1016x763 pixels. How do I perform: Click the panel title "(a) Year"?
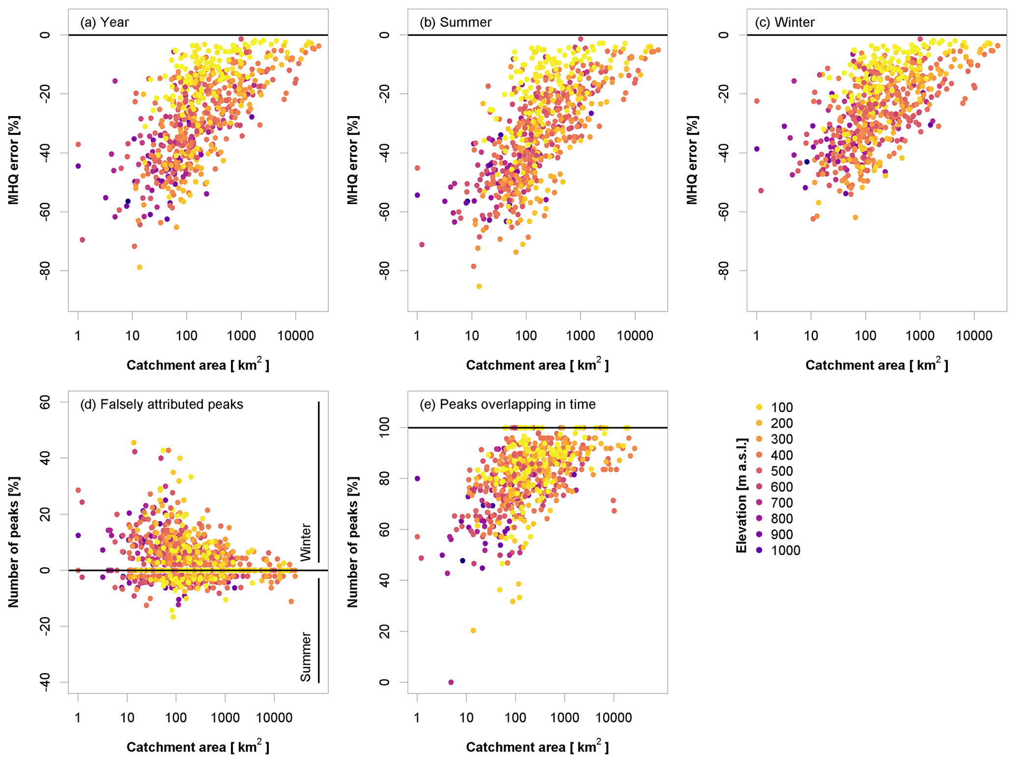(104, 22)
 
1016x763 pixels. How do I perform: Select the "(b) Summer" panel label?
(455, 22)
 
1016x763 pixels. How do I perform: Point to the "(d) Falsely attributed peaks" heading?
(161, 404)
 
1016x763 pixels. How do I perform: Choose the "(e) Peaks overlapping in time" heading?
(507, 404)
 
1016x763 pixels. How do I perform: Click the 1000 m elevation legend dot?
(759, 551)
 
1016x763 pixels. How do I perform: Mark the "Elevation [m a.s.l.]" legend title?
(741, 495)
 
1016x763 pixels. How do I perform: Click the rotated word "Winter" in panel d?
(306, 542)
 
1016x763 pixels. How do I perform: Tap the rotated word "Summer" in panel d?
(306, 657)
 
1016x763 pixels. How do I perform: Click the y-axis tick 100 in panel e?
(384, 428)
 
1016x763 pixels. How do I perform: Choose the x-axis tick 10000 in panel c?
(974, 336)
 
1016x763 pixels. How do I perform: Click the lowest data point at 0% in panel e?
(451, 682)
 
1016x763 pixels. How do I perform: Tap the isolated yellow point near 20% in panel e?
(473, 630)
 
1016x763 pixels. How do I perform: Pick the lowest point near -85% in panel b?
(479, 286)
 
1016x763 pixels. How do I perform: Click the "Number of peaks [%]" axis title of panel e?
(353, 542)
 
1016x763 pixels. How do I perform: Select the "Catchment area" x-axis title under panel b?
(537, 365)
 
